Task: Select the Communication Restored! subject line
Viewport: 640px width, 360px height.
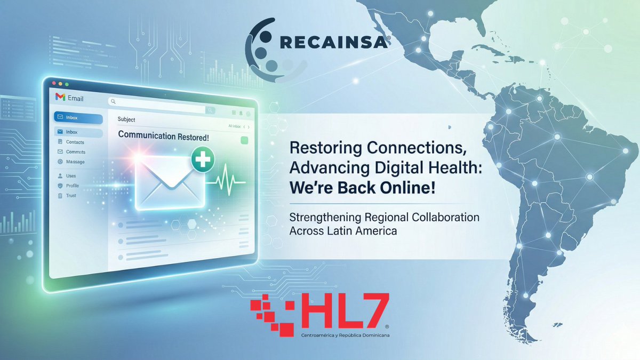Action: click(163, 136)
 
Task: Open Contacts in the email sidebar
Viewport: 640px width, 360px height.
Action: click(75, 142)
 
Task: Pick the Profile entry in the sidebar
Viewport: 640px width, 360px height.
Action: click(72, 186)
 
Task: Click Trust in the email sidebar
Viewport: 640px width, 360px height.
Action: click(71, 196)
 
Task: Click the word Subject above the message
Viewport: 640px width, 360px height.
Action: click(126, 119)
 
